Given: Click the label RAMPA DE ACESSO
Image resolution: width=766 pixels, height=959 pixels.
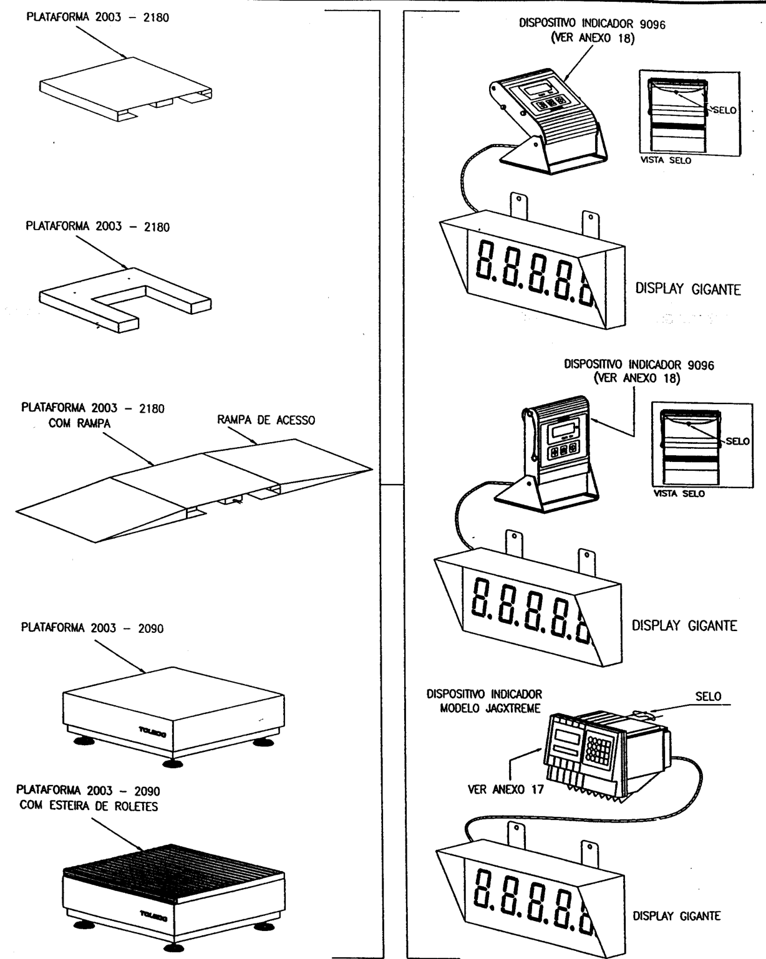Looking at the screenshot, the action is (x=266, y=420).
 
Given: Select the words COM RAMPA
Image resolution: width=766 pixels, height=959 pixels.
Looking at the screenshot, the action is (x=79, y=423).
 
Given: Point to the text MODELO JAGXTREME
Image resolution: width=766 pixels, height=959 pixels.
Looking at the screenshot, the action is (x=490, y=708).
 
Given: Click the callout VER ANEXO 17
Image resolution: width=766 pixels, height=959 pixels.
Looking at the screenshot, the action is (x=506, y=789).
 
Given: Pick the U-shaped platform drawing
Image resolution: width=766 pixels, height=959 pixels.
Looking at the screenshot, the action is (x=125, y=299).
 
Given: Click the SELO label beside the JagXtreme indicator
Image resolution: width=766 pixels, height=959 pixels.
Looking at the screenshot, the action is (x=708, y=696).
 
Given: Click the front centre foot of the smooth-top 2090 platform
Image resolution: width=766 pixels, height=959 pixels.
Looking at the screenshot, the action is (x=173, y=763).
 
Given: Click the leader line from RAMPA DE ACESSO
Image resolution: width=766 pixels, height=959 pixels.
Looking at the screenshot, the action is (x=242, y=435).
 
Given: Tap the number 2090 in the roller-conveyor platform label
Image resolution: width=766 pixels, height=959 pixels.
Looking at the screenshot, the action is (x=147, y=791).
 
